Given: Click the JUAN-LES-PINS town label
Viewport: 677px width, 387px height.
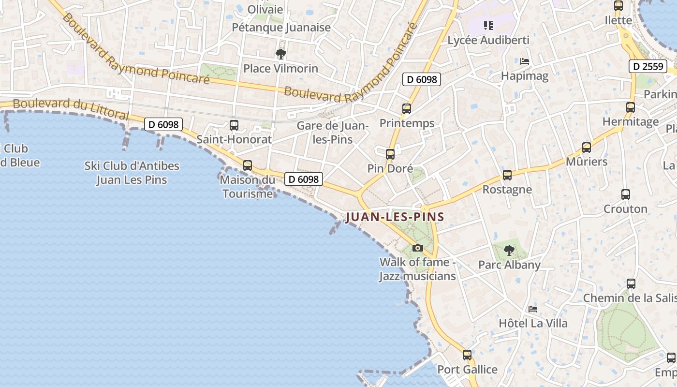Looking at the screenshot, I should pos(395,217).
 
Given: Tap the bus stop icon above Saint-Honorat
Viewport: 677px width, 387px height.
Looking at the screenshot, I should pos(234,125).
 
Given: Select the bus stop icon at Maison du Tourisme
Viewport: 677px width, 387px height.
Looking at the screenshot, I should pos(248,165).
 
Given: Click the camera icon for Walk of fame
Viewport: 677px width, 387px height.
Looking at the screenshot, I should pos(417,248).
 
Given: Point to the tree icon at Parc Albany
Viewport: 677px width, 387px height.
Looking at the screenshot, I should pos(509,250).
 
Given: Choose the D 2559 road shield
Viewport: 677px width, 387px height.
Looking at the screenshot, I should pos(648,66).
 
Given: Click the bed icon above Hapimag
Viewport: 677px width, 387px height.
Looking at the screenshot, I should pos(525,61).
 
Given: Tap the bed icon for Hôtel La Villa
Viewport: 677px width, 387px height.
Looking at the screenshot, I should pos(533,309).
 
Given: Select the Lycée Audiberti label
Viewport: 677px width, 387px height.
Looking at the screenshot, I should pos(488,40).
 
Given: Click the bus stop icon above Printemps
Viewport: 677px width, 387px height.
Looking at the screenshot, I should pos(407,109).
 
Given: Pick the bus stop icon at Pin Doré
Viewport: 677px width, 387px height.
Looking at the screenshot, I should pos(390,154).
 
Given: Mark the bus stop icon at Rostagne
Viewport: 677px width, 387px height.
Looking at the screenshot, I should pos(507,175).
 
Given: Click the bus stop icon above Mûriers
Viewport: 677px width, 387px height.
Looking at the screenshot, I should pos(587,148).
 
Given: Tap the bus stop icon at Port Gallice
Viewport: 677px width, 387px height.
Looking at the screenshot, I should pos(467,355).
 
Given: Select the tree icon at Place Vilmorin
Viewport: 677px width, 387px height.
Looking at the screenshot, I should pos(280,54).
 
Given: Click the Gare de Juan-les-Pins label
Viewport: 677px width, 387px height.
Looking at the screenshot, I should pos(332,133).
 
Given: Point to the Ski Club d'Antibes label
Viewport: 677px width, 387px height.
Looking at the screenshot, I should pos(132,173).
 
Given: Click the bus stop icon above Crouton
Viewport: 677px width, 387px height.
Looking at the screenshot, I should pos(626,194).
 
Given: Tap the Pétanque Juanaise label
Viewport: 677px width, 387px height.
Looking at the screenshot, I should pos(281,28).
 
